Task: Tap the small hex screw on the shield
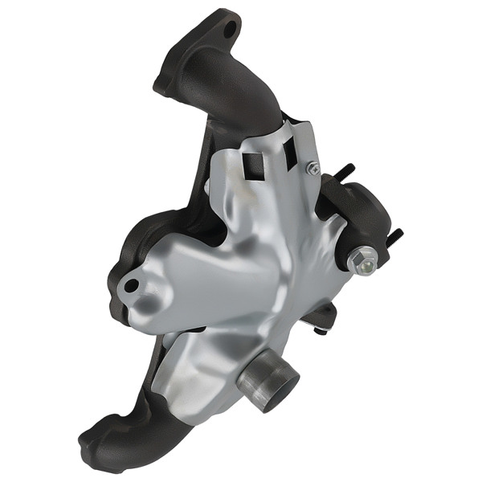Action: (313, 168)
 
